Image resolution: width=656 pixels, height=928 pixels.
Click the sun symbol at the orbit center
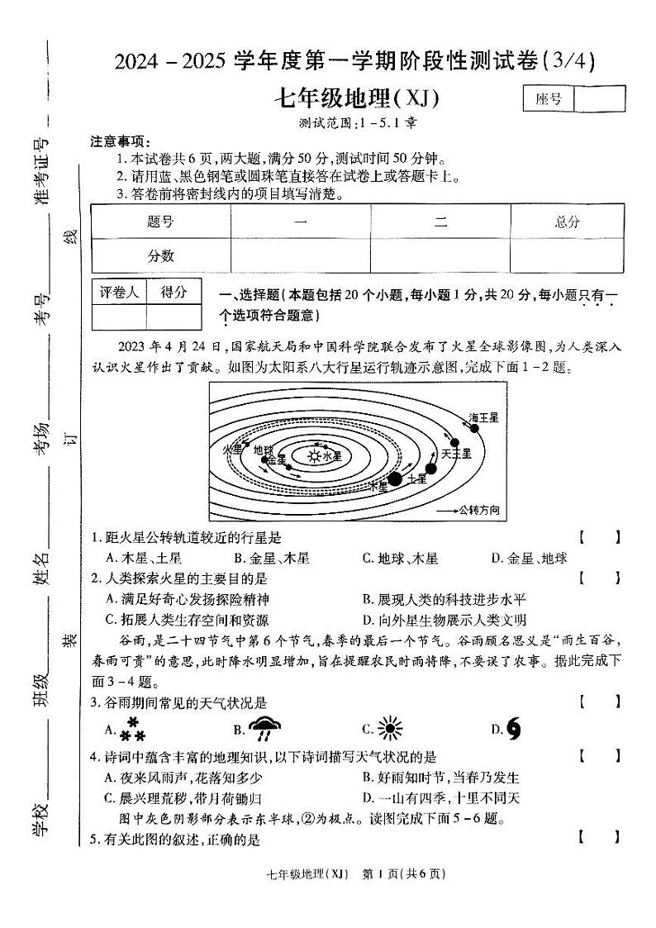(314, 454)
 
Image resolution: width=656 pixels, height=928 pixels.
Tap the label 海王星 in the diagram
(484, 418)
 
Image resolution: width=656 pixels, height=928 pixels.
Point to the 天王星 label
(456, 453)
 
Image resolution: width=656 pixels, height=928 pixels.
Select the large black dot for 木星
(395, 478)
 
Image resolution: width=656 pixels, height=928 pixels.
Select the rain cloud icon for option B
(264, 728)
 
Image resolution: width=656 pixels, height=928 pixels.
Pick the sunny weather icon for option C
(388, 728)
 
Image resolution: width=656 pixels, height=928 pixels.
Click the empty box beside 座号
(599, 99)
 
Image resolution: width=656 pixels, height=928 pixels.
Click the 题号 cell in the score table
(161, 221)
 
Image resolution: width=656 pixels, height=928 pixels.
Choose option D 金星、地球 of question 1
(530, 559)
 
